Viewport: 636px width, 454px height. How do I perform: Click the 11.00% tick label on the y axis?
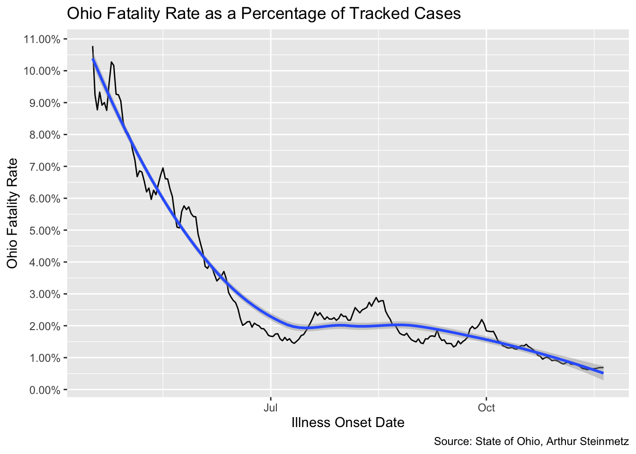coord(42,39)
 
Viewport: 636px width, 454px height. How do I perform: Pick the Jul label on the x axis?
coord(271,408)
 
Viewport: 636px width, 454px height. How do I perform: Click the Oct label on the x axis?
coord(486,408)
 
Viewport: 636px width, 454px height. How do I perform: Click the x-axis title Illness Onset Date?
coord(348,422)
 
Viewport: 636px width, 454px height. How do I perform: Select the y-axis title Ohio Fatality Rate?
coord(12,214)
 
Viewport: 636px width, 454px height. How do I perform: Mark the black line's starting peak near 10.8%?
coord(93,46)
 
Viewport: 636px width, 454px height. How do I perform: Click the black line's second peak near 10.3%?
coord(111,62)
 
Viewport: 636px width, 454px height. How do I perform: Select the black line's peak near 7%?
coord(163,168)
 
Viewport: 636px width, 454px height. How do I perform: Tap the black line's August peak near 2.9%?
coord(376,297)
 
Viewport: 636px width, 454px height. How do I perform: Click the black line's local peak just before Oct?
coord(481,320)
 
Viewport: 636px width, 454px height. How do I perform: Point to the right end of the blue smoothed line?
coord(603,373)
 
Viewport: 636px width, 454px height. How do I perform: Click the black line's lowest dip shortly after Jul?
coord(294,343)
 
